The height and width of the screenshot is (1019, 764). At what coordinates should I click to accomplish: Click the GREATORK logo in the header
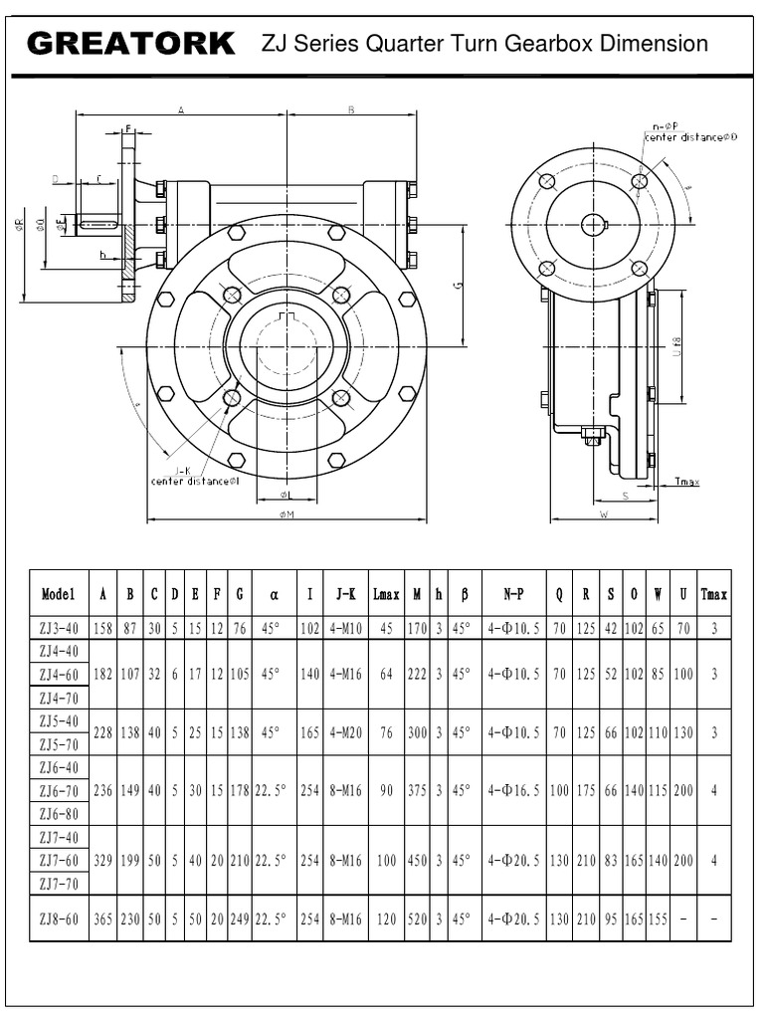coord(131,44)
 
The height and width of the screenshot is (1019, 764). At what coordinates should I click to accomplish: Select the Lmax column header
coord(386,594)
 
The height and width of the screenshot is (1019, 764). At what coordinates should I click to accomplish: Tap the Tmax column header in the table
coord(713,594)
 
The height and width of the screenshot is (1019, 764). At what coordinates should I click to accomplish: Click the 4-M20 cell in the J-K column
coord(345,732)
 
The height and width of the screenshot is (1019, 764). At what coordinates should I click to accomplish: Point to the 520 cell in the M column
coord(416,920)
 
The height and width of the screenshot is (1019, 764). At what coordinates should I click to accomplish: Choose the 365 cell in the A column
coord(103,920)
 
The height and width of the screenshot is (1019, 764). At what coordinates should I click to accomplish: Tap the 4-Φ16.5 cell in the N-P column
coord(513,790)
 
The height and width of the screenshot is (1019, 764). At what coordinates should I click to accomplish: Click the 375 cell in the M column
coord(416,790)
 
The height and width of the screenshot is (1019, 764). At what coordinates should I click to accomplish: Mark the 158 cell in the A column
coord(103,628)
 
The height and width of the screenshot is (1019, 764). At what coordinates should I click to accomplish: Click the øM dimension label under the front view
coord(288,514)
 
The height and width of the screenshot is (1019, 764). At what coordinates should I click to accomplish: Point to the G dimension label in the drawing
coord(458,285)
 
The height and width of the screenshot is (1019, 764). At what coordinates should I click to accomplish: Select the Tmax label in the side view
coord(686,482)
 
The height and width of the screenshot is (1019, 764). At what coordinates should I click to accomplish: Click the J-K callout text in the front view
coord(183,471)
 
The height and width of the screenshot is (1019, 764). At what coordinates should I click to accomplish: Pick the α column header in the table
coord(274,594)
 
